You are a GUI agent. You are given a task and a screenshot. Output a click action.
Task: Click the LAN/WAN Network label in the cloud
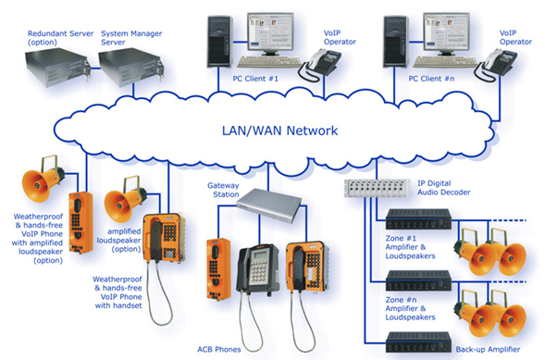[x=279, y=130]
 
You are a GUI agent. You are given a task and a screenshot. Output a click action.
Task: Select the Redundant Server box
[x=57, y=67]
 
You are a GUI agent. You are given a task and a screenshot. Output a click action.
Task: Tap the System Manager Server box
[x=131, y=67]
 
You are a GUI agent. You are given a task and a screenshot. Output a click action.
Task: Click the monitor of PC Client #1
[x=270, y=34]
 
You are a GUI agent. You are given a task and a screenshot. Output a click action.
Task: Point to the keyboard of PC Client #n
[x=446, y=62]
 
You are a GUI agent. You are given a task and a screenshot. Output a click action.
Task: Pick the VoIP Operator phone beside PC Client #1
[x=319, y=65]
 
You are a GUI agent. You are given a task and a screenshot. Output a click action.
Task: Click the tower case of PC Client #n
[x=396, y=42]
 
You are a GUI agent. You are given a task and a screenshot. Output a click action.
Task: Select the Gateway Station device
[x=268, y=205]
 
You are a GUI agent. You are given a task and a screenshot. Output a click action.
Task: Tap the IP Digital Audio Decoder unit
[x=378, y=189]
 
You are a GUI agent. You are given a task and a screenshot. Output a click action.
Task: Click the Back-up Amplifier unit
[x=418, y=341]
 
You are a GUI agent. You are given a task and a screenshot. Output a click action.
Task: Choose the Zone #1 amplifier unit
[x=418, y=219]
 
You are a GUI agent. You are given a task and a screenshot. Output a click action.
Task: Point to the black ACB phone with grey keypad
[x=258, y=268]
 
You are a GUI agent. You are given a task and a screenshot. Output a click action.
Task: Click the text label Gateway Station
[x=223, y=190]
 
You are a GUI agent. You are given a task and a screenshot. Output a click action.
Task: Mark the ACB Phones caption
[x=219, y=349]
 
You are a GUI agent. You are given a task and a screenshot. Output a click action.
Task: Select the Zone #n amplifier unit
[x=418, y=280]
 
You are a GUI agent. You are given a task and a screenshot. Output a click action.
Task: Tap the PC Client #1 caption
[x=255, y=79]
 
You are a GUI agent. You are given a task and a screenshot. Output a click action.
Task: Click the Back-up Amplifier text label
[x=488, y=349]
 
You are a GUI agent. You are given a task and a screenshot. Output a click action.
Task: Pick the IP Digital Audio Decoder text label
[x=444, y=188]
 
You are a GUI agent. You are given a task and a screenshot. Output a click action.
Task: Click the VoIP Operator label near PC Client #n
[x=515, y=38]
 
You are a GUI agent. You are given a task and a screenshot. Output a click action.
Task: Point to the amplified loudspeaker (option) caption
[x=118, y=240]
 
